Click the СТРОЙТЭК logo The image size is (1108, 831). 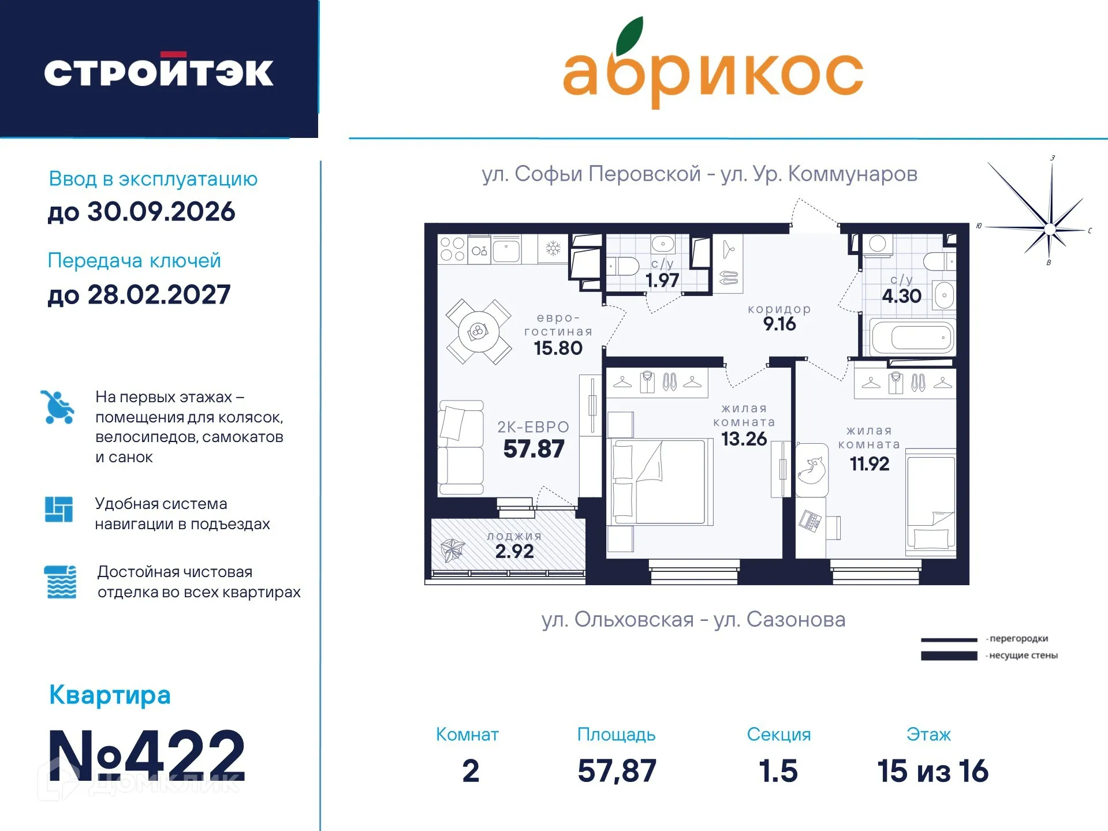coord(158,72)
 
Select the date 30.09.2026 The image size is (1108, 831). coord(161,212)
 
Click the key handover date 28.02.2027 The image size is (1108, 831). coord(159,295)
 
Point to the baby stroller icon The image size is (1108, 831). coord(58,407)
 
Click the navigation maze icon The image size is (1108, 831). coord(59,510)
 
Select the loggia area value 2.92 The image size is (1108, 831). coord(514,551)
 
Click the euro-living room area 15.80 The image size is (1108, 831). coord(558,348)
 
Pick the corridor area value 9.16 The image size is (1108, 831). coord(779,324)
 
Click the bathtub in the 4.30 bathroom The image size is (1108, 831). coord(913,338)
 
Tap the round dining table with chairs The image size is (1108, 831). coord(478,331)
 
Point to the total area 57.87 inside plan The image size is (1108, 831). coord(534,449)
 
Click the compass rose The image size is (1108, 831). coord(1049,229)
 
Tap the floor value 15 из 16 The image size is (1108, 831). coord(932,771)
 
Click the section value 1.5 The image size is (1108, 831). coord(778,771)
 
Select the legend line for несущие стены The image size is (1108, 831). coord(949,656)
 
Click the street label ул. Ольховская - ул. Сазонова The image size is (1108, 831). coord(693,619)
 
